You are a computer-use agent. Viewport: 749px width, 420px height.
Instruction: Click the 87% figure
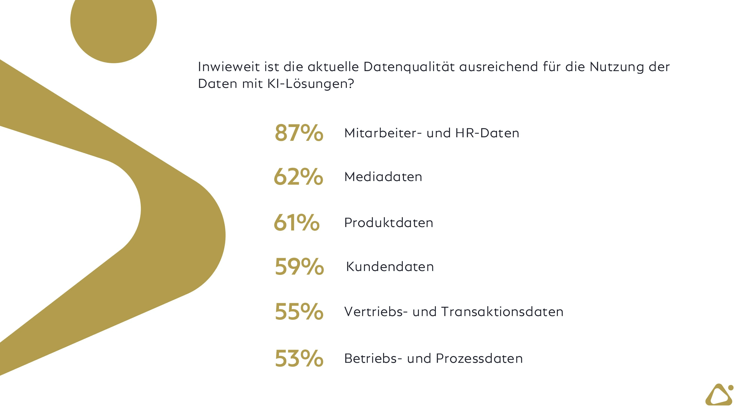coord(299,133)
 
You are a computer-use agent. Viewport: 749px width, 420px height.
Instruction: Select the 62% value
coord(298,177)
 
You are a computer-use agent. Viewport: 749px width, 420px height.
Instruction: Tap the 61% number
coord(296,223)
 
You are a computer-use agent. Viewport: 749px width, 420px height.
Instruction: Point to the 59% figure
coord(299,267)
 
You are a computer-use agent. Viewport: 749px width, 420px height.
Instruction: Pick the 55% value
coord(299,312)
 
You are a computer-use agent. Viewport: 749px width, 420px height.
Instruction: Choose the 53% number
coord(299,358)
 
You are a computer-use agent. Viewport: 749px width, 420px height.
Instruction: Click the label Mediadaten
coord(383,177)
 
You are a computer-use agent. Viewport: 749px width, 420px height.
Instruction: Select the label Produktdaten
coord(389,223)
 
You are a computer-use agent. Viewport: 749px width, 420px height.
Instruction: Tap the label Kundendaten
coord(390,267)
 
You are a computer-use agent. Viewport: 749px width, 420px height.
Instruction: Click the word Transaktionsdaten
coord(502,312)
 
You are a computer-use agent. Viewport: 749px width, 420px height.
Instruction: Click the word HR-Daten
coord(487,133)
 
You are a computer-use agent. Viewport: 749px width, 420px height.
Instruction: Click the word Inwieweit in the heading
coord(229,67)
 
